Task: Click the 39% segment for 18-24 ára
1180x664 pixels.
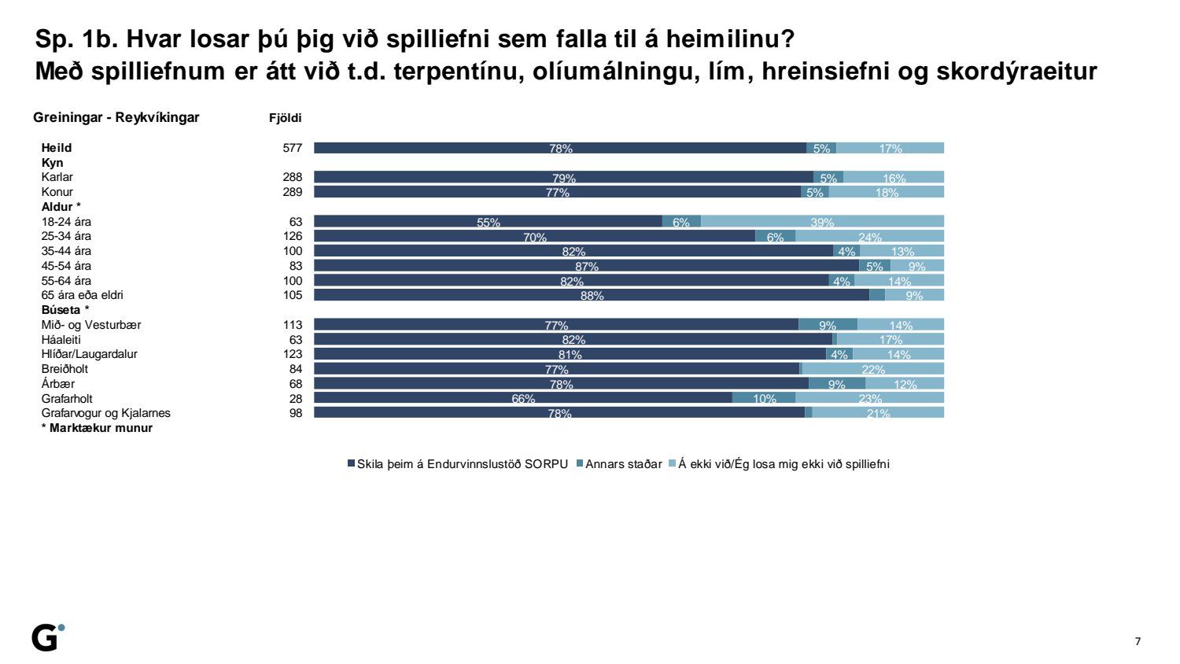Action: click(x=822, y=222)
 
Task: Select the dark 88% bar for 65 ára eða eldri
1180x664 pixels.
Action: click(x=592, y=295)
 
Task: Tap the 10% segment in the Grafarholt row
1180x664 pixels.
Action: click(x=764, y=398)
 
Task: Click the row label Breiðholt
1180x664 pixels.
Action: click(x=65, y=369)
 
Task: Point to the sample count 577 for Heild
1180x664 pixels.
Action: click(x=293, y=148)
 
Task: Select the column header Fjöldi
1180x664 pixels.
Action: click(x=286, y=118)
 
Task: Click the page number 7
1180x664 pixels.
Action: click(x=1138, y=641)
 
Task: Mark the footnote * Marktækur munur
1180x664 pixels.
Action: click(x=97, y=428)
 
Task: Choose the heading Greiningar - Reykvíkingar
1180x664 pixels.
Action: click(x=116, y=118)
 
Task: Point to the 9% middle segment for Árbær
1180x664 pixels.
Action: click(x=837, y=384)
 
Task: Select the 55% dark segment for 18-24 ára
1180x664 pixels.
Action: click(x=488, y=222)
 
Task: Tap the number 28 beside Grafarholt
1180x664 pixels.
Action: click(x=296, y=399)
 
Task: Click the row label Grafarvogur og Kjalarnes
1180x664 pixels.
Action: click(x=106, y=413)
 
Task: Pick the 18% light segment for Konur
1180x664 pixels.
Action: click(x=887, y=192)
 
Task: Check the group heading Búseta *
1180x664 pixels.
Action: click(x=65, y=310)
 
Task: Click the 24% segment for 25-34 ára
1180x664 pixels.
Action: click(x=869, y=236)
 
